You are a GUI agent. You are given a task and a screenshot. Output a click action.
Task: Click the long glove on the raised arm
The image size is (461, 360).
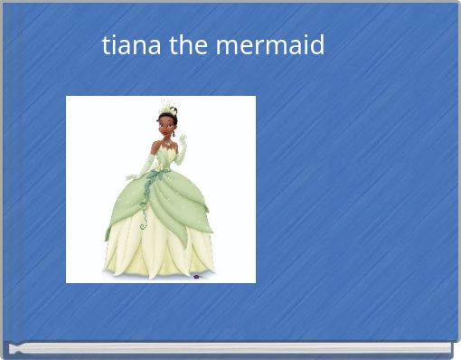click(x=180, y=155)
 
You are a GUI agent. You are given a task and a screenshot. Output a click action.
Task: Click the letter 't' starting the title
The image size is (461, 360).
click(x=106, y=44)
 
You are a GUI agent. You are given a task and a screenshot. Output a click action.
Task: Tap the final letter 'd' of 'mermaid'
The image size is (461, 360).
click(x=317, y=44)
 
